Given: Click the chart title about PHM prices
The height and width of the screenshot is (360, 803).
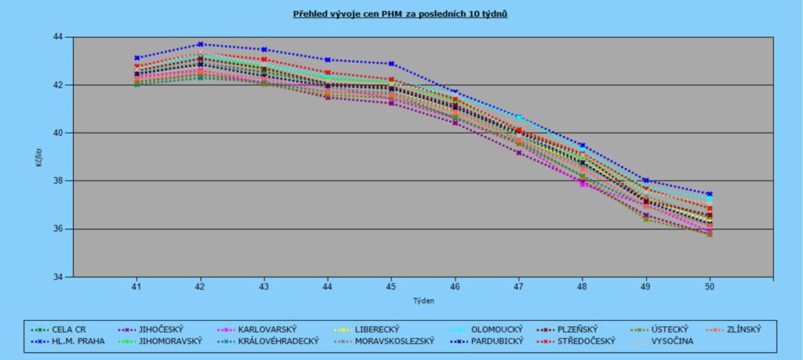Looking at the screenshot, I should coord(400,14).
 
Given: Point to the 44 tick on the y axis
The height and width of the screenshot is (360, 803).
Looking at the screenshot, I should coord(57,37).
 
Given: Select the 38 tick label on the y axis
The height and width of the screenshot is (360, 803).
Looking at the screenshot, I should coord(57,181).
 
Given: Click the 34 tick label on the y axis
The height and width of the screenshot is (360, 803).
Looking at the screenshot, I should coord(57,277).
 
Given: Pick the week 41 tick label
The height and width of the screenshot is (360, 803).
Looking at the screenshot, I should coord(136,286).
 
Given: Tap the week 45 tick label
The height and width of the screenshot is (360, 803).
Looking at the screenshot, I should coord(391,286).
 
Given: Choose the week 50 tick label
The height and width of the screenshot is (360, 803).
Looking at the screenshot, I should coord(710,286).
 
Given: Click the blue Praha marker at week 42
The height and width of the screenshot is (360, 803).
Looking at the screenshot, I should coord(200,44).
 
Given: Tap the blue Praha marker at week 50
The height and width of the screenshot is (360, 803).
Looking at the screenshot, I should coord(710,194).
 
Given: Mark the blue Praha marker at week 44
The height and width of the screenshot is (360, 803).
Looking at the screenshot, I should coord(328,60).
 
